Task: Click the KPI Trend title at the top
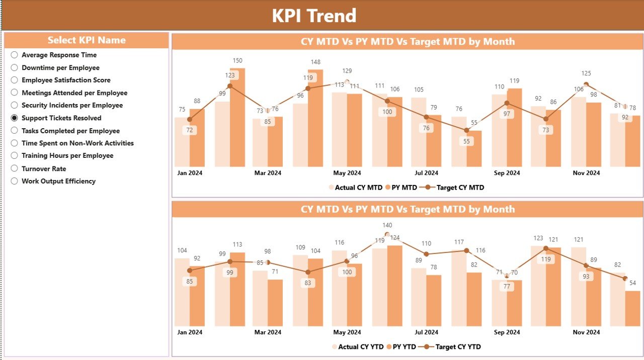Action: click(314, 16)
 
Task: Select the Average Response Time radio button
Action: click(15, 55)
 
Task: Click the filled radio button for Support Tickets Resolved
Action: click(15, 118)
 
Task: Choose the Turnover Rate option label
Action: click(44, 168)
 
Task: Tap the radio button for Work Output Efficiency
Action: click(15, 181)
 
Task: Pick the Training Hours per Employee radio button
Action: click(15, 156)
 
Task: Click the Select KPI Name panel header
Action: click(87, 40)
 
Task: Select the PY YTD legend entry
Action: click(400, 346)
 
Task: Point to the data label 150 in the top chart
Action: click(237, 61)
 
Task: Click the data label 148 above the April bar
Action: click(315, 62)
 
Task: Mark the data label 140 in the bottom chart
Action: click(387, 225)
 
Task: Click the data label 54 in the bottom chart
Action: click(632, 283)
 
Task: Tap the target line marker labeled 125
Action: click(586, 84)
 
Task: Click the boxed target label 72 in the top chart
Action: click(189, 130)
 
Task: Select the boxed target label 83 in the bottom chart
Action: click(308, 283)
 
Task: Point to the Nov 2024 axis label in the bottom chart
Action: click(586, 332)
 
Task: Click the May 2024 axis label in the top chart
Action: click(347, 173)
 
